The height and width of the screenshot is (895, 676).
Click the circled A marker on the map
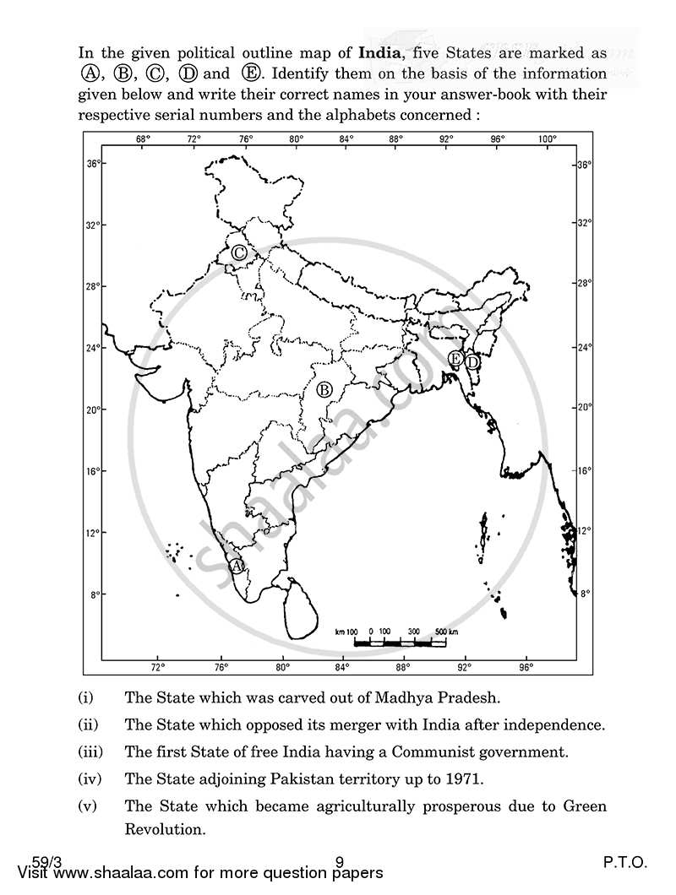237,565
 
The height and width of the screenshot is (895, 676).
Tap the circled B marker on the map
324,389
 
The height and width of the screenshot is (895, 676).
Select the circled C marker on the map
239,252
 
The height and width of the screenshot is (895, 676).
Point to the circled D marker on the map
473,361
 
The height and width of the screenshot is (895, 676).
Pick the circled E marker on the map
455,360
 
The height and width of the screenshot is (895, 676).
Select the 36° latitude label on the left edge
94,164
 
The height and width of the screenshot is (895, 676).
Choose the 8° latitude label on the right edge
584,594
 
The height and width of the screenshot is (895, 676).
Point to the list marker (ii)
87,725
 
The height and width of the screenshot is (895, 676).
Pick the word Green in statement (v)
582,805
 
